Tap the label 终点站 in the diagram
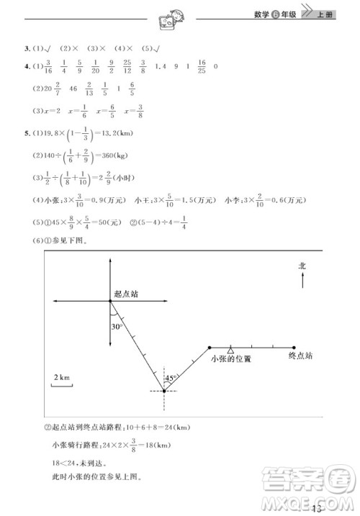tap(301, 356)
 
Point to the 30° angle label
tap(117, 326)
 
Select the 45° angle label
tap(171, 377)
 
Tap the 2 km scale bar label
tap(61, 377)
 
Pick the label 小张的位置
tap(230, 358)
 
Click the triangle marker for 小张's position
tap(230, 349)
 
